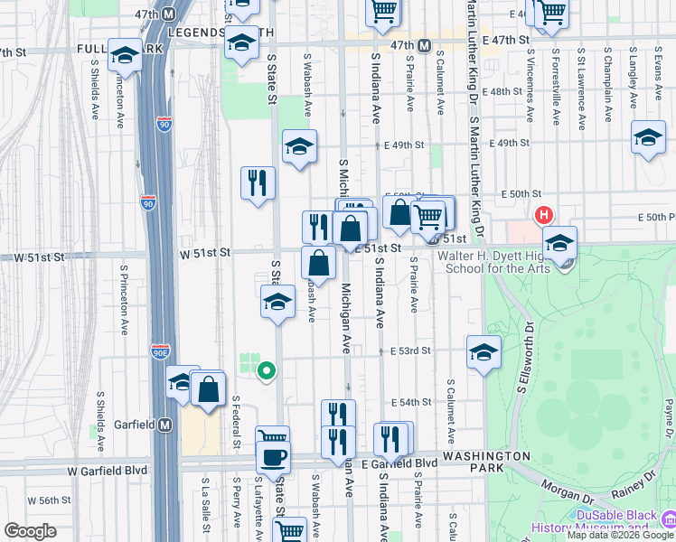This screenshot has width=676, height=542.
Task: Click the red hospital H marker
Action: pos(544,215)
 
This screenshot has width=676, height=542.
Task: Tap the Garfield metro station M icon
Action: pos(164,425)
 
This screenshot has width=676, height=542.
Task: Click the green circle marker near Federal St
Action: pos(266,369)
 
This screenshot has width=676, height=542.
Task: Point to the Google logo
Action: pos(30,531)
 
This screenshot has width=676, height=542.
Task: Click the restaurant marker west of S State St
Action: pos(258,182)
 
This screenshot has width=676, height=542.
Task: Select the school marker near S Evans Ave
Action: pos(647,137)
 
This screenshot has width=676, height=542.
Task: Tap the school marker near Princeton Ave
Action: pos(124,55)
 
